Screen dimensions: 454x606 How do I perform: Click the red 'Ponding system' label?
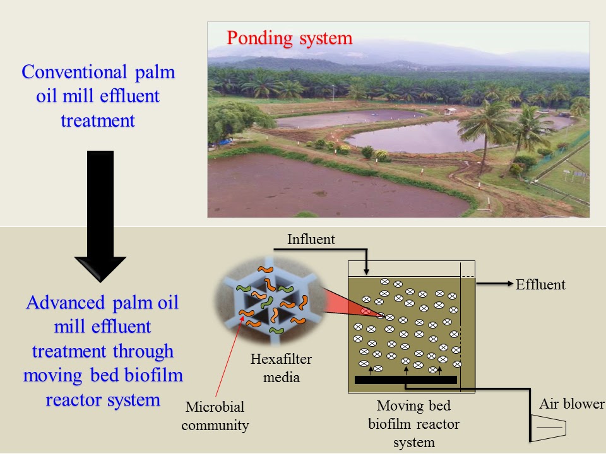click(x=289, y=38)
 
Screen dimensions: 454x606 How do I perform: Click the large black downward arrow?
click(x=99, y=215)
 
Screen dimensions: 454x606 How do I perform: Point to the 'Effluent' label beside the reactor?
click(x=540, y=284)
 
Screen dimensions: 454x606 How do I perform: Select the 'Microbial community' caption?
click(x=215, y=416)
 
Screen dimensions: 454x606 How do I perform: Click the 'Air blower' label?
click(x=571, y=404)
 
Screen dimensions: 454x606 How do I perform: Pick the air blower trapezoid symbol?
click(x=549, y=428)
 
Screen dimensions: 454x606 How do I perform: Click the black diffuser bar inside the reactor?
click(x=405, y=380)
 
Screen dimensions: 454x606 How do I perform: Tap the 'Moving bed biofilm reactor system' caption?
click(x=413, y=424)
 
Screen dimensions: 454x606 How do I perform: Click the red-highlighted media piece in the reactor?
click(x=366, y=311)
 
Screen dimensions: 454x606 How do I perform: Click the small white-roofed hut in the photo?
click(x=450, y=111)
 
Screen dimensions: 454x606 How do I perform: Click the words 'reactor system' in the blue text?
click(x=103, y=400)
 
